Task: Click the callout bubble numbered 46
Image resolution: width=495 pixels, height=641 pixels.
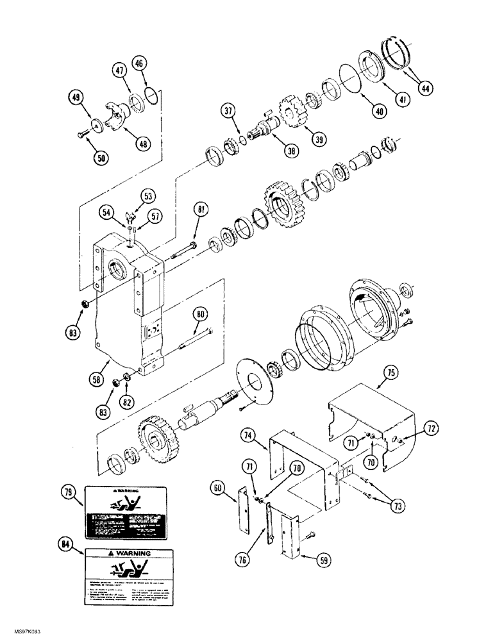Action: click(140, 63)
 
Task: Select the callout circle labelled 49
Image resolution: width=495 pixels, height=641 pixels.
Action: click(77, 97)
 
